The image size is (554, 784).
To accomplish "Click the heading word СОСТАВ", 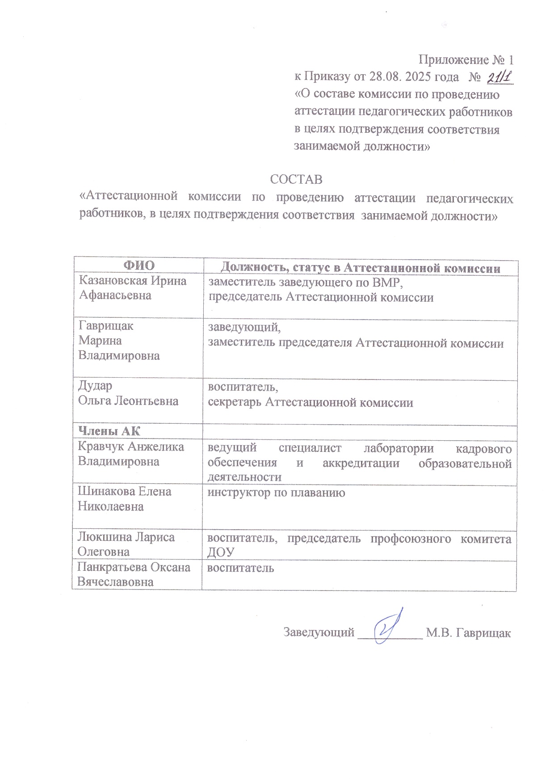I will [296, 179].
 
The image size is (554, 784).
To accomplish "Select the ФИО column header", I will [139, 266].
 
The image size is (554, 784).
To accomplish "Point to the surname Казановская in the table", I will [112, 281].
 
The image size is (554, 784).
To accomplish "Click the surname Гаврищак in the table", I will [105, 325].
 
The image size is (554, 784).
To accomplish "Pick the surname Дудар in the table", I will [95, 385].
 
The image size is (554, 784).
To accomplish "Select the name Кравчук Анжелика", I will [131, 446].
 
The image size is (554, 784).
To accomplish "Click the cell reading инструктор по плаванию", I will [276, 493].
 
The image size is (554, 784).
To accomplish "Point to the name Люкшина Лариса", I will [126, 537].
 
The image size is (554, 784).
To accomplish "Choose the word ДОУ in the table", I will [221, 552].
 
